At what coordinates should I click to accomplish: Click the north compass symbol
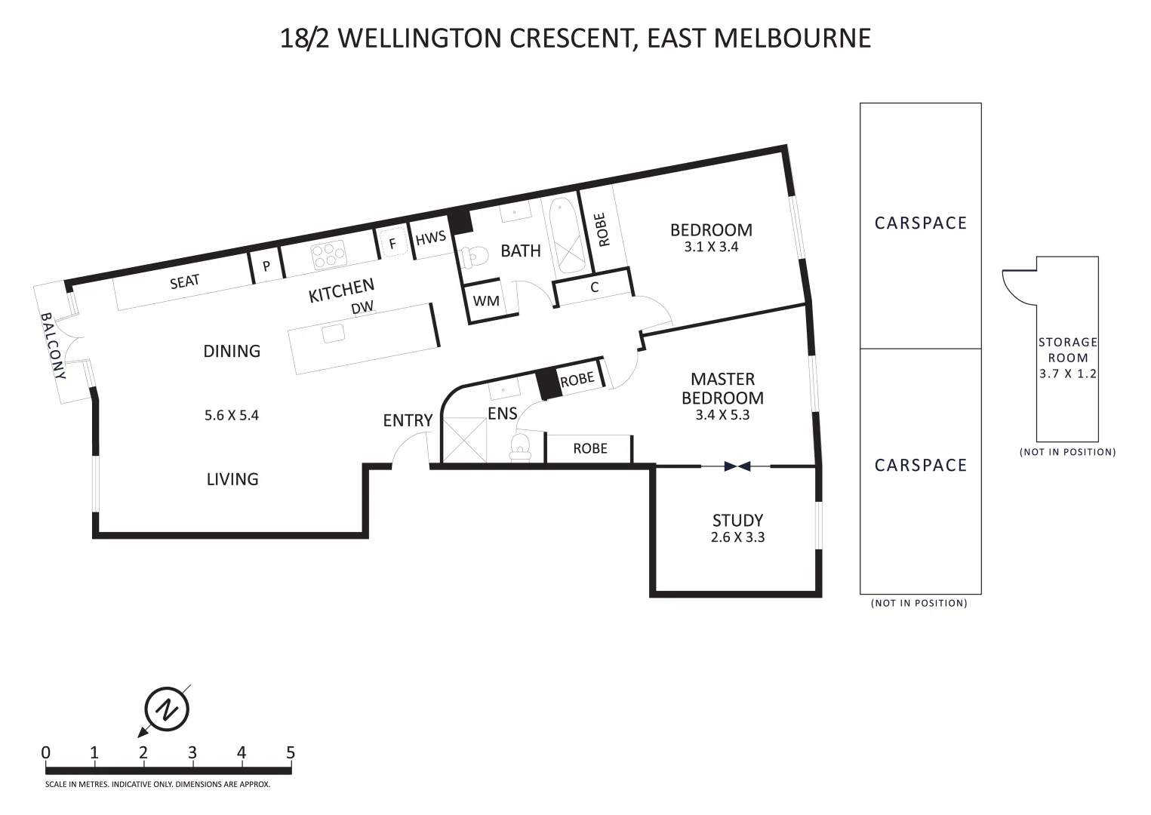pos(167,709)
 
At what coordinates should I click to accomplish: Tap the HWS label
pos(431,238)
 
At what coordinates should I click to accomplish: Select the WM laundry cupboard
pos(485,300)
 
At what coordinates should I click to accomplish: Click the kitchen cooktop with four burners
pos(328,254)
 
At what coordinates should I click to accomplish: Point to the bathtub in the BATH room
pos(568,235)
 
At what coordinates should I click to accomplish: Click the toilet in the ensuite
pos(520,445)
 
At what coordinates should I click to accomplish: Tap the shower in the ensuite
pos(464,440)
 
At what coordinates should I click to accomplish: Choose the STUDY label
pos(737,521)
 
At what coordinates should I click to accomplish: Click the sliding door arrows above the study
pos(737,466)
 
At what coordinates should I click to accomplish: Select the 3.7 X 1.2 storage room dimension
pos(1068,374)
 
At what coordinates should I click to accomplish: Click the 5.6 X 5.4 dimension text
pos(231,415)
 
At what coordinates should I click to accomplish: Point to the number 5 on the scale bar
pos(291,753)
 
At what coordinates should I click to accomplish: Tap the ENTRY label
pos(408,420)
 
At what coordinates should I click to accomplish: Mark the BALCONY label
pos(54,346)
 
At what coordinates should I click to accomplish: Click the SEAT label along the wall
pos(184,281)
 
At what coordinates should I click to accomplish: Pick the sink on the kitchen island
pos(333,334)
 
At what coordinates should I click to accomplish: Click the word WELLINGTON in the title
pos(420,38)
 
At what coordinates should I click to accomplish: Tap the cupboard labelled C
pos(595,288)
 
